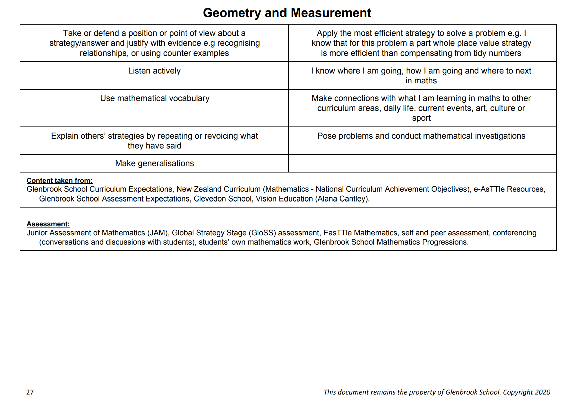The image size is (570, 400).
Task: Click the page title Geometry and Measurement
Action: click(x=287, y=13)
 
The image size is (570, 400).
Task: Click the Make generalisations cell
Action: click(x=154, y=164)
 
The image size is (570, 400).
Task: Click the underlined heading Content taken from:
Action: click(x=59, y=181)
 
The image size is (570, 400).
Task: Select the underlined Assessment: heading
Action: click(x=48, y=224)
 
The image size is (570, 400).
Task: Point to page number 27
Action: click(x=30, y=392)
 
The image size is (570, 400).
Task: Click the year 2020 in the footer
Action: click(x=542, y=392)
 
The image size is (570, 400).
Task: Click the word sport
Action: click(x=421, y=118)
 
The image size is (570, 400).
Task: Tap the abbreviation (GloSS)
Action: click(x=262, y=233)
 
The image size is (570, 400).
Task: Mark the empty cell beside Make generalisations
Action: click(x=422, y=164)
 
